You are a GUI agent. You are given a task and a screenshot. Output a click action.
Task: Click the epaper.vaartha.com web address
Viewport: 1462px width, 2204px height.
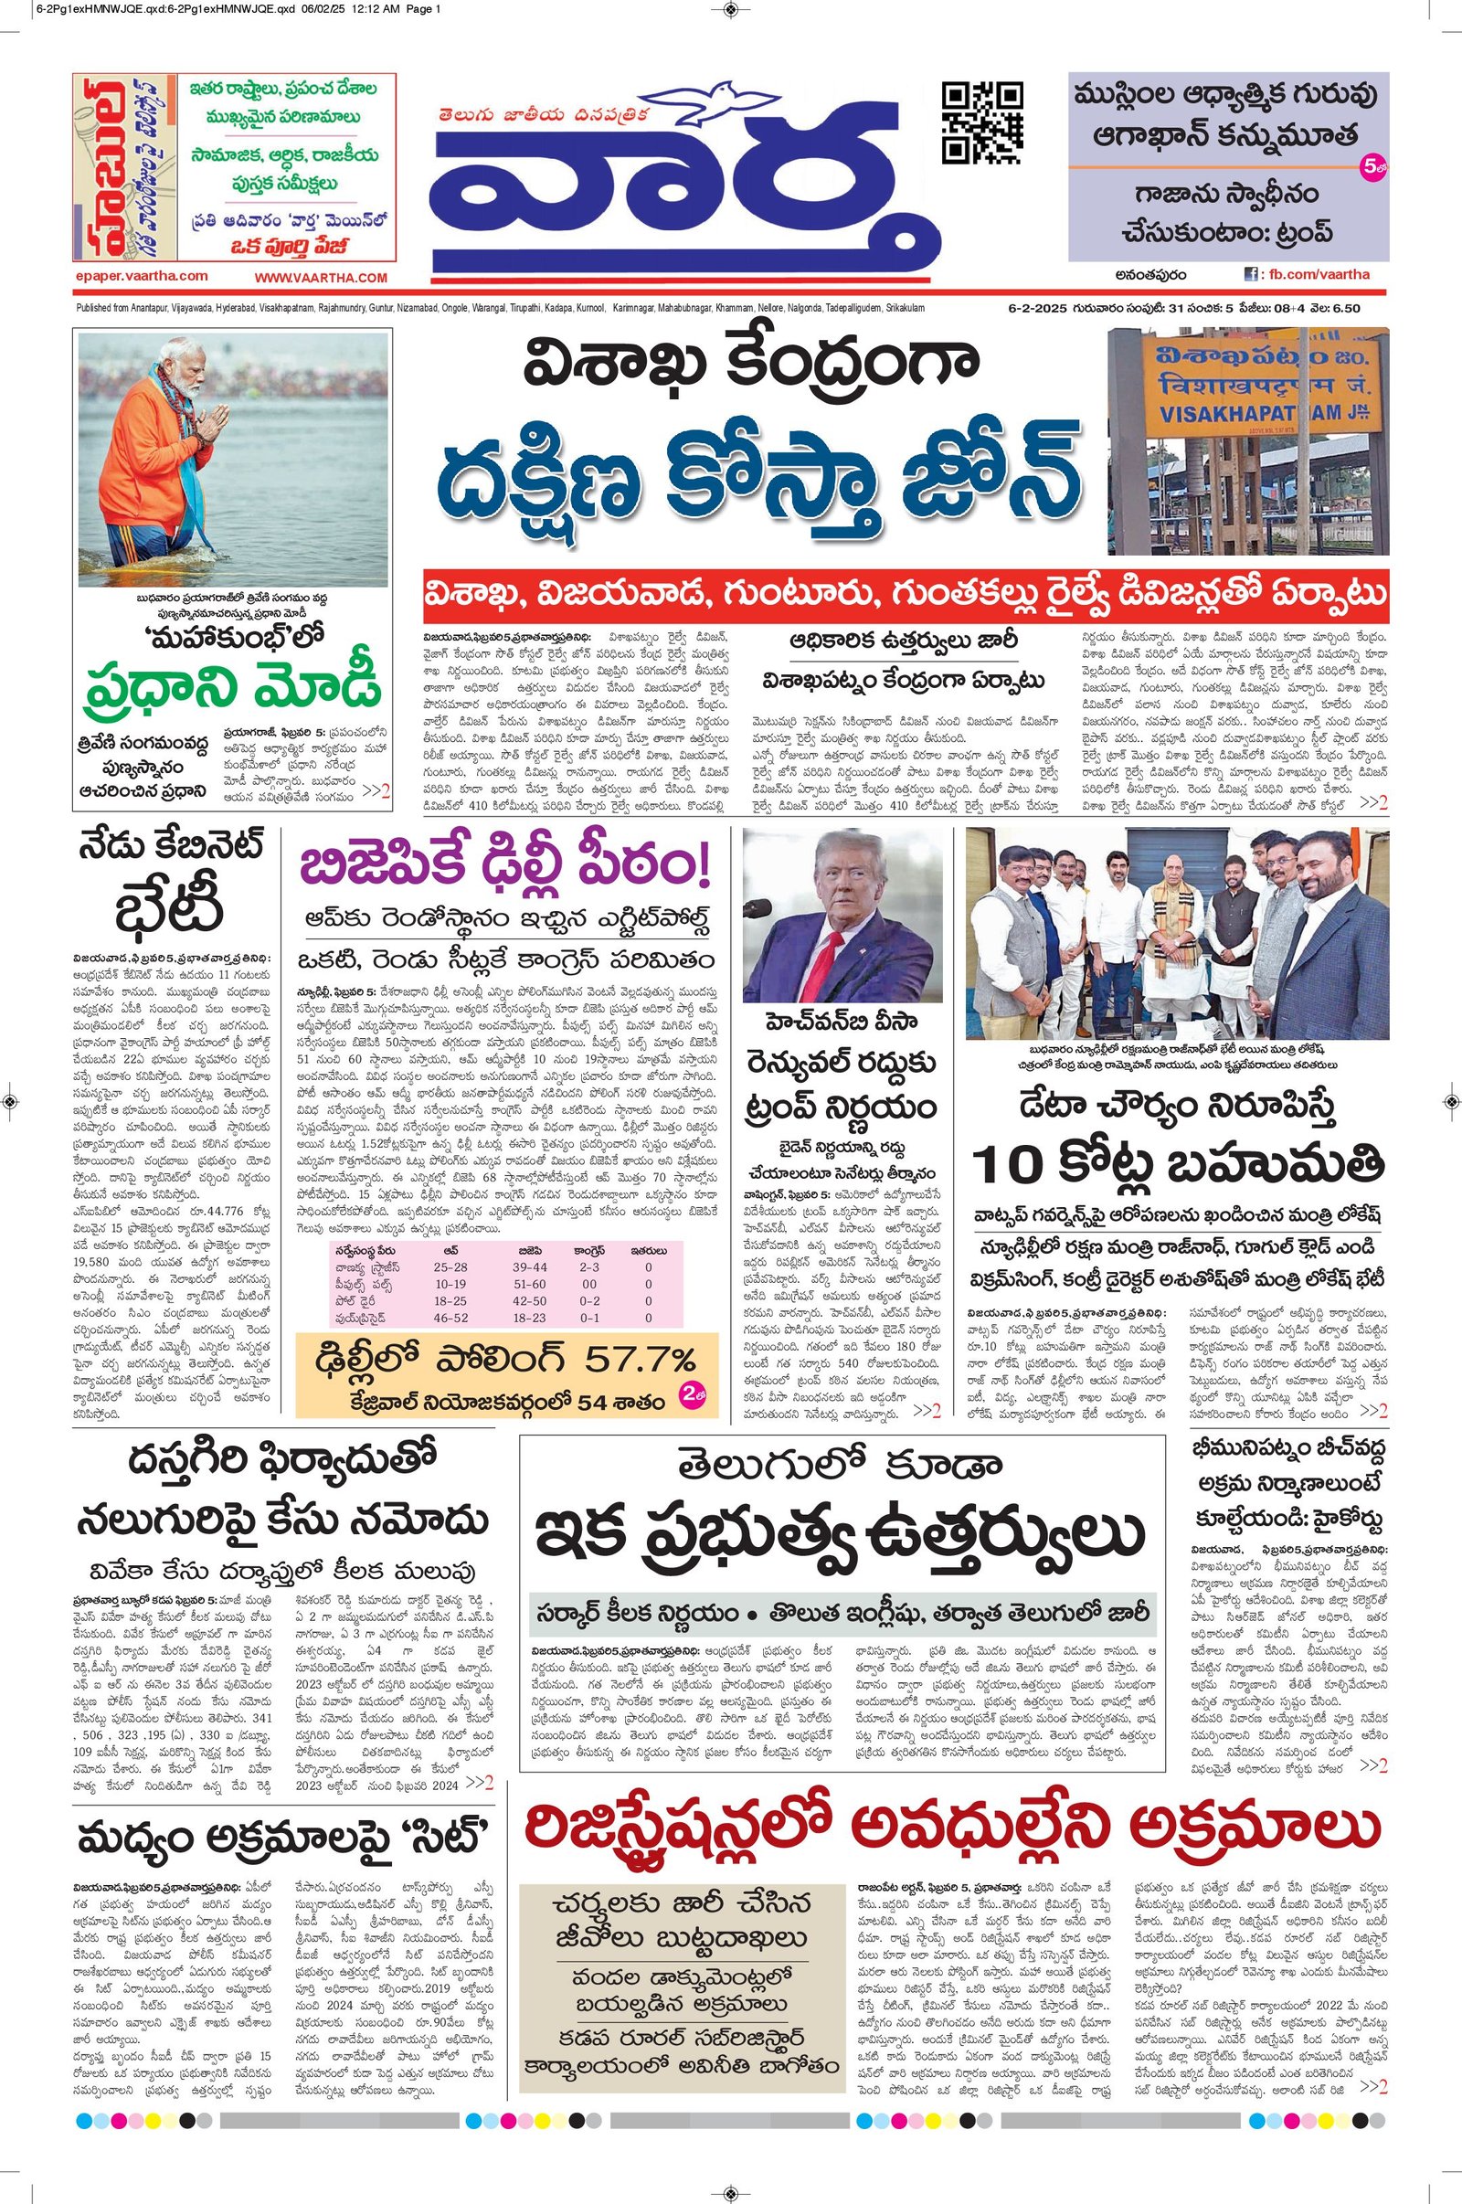(141, 276)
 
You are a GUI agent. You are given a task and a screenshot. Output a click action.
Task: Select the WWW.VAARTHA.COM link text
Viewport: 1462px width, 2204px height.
(321, 277)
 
